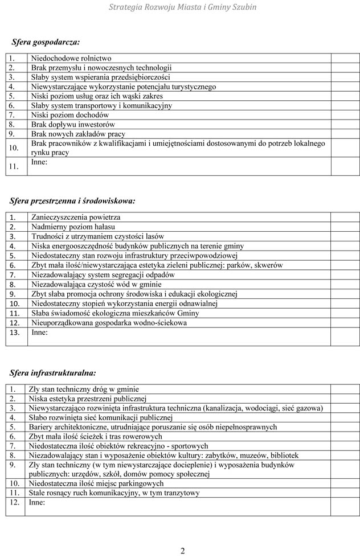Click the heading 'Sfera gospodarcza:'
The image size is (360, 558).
46,42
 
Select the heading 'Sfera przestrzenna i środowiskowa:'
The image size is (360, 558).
72,200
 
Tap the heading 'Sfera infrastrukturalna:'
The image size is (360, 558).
53,373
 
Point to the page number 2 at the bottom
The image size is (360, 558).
182,551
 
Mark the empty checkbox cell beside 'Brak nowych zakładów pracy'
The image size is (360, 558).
345,134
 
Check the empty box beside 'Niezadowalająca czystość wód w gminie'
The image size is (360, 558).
345,284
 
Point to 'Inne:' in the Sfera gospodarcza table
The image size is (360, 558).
39,162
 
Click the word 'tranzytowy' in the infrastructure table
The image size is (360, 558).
179,493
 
